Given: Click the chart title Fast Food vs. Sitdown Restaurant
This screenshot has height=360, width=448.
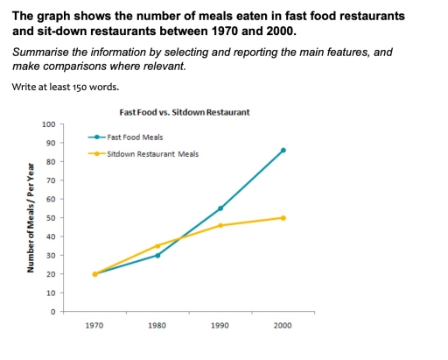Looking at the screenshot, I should pos(184,113).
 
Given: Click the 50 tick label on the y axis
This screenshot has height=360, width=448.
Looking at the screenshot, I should pos(51,218).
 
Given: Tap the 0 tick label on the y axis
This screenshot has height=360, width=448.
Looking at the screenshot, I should pos(52,312).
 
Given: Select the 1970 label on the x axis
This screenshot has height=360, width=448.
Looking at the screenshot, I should pos(94,325).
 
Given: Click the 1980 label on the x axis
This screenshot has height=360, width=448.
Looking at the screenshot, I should pos(157,325).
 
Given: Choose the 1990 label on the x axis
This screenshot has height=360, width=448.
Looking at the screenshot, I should pos(220,325).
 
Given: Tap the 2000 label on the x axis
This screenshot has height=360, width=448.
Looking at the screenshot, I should pos(283,325).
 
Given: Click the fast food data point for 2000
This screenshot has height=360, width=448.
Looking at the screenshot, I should pos(283,151).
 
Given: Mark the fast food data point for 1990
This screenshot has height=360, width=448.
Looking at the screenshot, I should pos(220,208).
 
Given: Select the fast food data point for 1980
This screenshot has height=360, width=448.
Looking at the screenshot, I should pos(157,255).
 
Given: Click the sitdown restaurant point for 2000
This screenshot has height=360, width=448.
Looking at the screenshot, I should pos(283,218).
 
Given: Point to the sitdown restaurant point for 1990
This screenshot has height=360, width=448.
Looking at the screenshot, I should pos(220,225).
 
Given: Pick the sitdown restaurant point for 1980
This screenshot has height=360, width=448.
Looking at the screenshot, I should pos(157,246).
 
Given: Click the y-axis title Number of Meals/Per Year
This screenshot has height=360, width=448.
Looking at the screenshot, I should pos(30,217).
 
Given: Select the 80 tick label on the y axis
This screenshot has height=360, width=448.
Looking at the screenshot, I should pos(51,162).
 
